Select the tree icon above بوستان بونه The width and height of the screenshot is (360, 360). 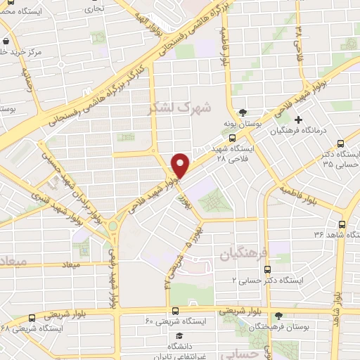pyautogui.click(x=243, y=112)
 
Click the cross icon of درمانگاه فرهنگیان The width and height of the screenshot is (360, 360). pyautogui.click(x=299, y=120)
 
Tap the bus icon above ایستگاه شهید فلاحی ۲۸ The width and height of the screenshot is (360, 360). pyautogui.click(x=233, y=139)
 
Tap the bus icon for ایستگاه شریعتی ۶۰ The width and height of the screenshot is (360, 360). pyautogui.click(x=175, y=310)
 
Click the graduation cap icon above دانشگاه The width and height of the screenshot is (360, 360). pyautogui.click(x=181, y=335)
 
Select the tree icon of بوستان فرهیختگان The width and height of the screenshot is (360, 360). pyautogui.click(x=279, y=316)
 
